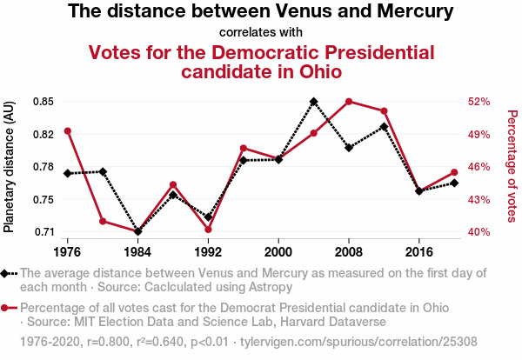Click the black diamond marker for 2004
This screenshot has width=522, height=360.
pos(314,102)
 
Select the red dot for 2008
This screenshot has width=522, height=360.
pos(349,102)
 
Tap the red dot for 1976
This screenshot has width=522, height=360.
pos(67,131)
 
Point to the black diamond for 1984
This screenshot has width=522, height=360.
pos(137,231)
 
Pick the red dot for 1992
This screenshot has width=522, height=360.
pos(208,230)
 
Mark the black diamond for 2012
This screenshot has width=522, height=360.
pos(385,127)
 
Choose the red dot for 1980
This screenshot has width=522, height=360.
pos(103,221)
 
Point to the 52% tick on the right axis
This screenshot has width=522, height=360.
pos(479,102)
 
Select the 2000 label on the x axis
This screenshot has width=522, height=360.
pos(278,253)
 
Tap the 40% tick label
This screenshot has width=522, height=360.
pos(479,232)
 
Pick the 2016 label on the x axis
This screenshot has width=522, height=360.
pos(419,253)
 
